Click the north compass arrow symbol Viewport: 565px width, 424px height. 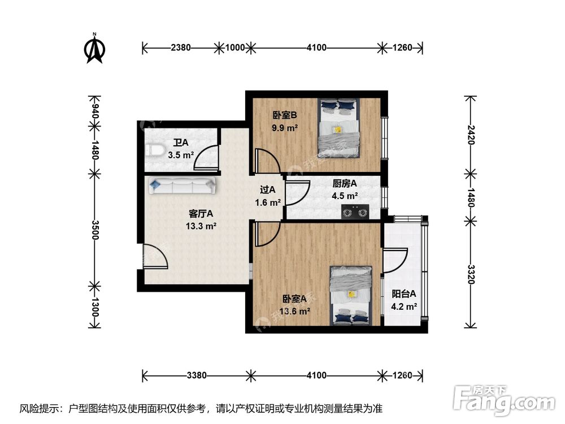(95, 50)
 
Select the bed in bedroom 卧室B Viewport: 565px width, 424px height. (338, 128)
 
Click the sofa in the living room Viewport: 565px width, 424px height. (180, 185)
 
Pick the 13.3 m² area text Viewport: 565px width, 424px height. (201, 226)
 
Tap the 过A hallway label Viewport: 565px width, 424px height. (267, 190)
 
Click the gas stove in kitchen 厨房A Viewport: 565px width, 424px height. (354, 212)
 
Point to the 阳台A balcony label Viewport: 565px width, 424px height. (404, 293)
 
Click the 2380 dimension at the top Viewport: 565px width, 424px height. (181, 48)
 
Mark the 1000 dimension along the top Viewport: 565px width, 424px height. (235, 48)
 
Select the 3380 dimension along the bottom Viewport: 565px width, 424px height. (197, 375)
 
